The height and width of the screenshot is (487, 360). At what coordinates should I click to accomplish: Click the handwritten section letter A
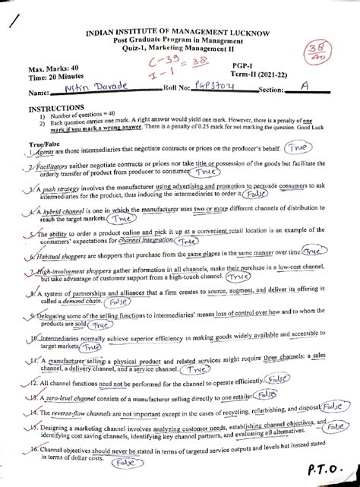click(x=304, y=89)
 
